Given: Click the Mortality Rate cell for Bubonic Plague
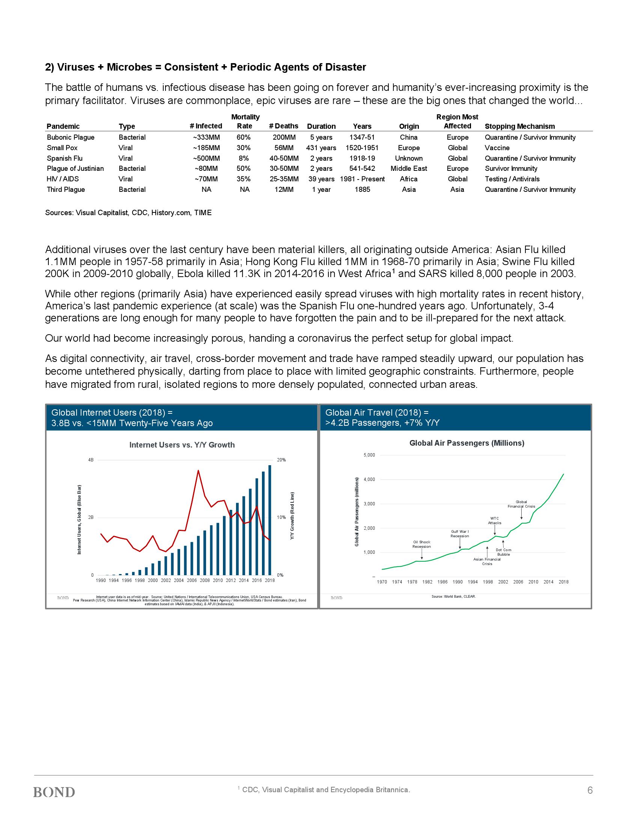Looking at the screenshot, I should (x=244, y=137).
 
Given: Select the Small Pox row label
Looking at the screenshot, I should (x=62, y=148).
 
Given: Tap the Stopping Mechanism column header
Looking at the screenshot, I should (x=520, y=126).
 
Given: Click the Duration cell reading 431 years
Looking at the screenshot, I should (x=321, y=148).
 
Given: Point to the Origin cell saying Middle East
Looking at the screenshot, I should (x=409, y=169).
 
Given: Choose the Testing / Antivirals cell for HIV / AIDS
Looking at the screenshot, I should (x=512, y=179).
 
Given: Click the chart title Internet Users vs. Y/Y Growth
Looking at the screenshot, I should (x=182, y=445).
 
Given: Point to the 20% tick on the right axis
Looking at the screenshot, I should (x=281, y=460).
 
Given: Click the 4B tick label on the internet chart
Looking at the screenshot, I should (x=91, y=460).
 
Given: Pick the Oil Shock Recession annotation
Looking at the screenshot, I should (x=421, y=544).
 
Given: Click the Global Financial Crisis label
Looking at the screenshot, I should (x=521, y=504).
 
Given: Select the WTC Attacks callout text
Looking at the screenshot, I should (x=494, y=520).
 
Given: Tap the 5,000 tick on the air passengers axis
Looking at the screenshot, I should (x=369, y=455).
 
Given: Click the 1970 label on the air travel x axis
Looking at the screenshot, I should (x=382, y=582).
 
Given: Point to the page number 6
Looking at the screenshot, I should (x=590, y=790).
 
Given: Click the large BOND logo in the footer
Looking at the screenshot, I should (x=54, y=792).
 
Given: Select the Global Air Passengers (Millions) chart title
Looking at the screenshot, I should (x=467, y=443).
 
